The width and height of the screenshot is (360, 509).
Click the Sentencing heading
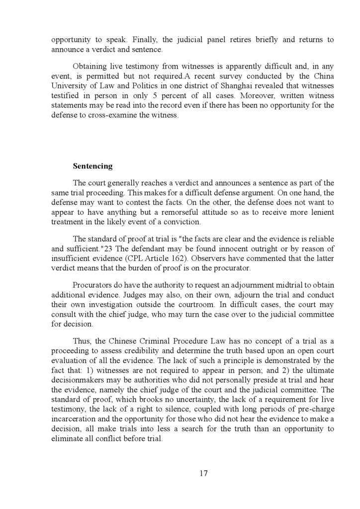tap(92, 166)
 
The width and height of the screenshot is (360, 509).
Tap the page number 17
tap(203, 473)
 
